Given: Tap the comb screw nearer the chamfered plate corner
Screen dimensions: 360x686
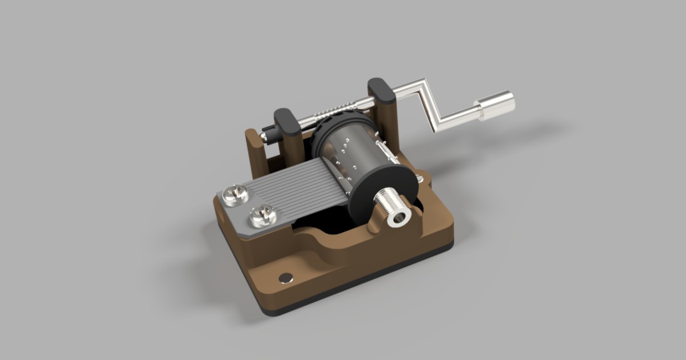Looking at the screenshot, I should coord(234,194).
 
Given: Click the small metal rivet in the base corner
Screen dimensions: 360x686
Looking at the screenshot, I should coord(285,278).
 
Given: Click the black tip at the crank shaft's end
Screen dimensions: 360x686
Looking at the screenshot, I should coord(265,135).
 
